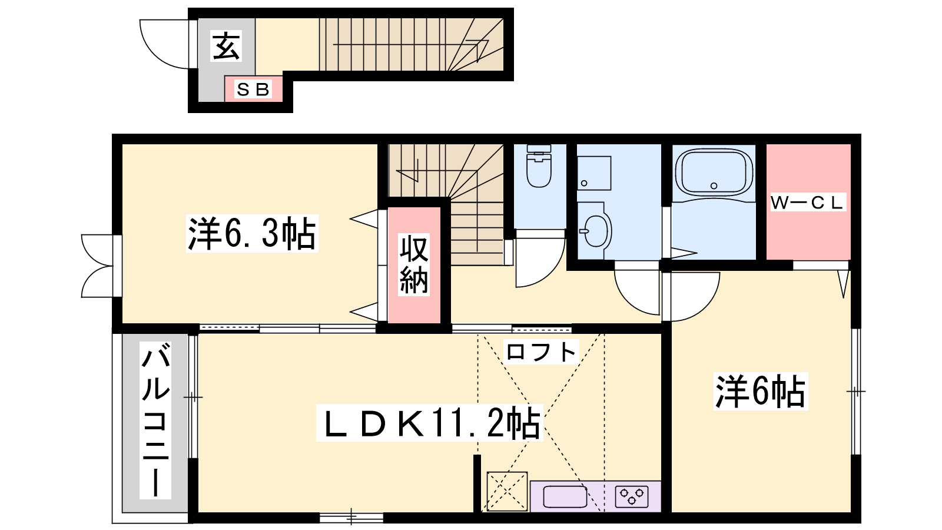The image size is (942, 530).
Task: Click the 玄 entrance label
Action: coord(226,46)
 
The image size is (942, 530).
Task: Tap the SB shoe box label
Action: coord(253,90)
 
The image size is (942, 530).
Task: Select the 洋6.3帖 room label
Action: coord(252,233)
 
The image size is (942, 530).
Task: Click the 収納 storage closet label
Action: coord(414,264)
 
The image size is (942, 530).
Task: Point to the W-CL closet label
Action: coord(807,203)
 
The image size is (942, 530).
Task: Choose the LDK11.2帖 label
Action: coord(429,423)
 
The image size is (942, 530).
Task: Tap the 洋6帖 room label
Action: coord(760,391)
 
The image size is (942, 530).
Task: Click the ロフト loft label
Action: coord(541,352)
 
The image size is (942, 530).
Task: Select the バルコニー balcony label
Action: coord(155,420)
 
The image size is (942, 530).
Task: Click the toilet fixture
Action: coord(539,166)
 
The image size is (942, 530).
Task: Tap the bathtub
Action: coord(714,173)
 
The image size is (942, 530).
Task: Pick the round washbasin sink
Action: coord(596,231)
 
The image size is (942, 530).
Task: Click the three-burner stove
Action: coord(632,496)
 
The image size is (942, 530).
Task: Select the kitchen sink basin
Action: coord(565,497)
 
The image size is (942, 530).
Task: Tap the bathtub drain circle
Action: coord(714,185)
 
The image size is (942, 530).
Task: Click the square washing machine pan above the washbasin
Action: coord(594,173)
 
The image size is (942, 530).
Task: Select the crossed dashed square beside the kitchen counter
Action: coord(507,491)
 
